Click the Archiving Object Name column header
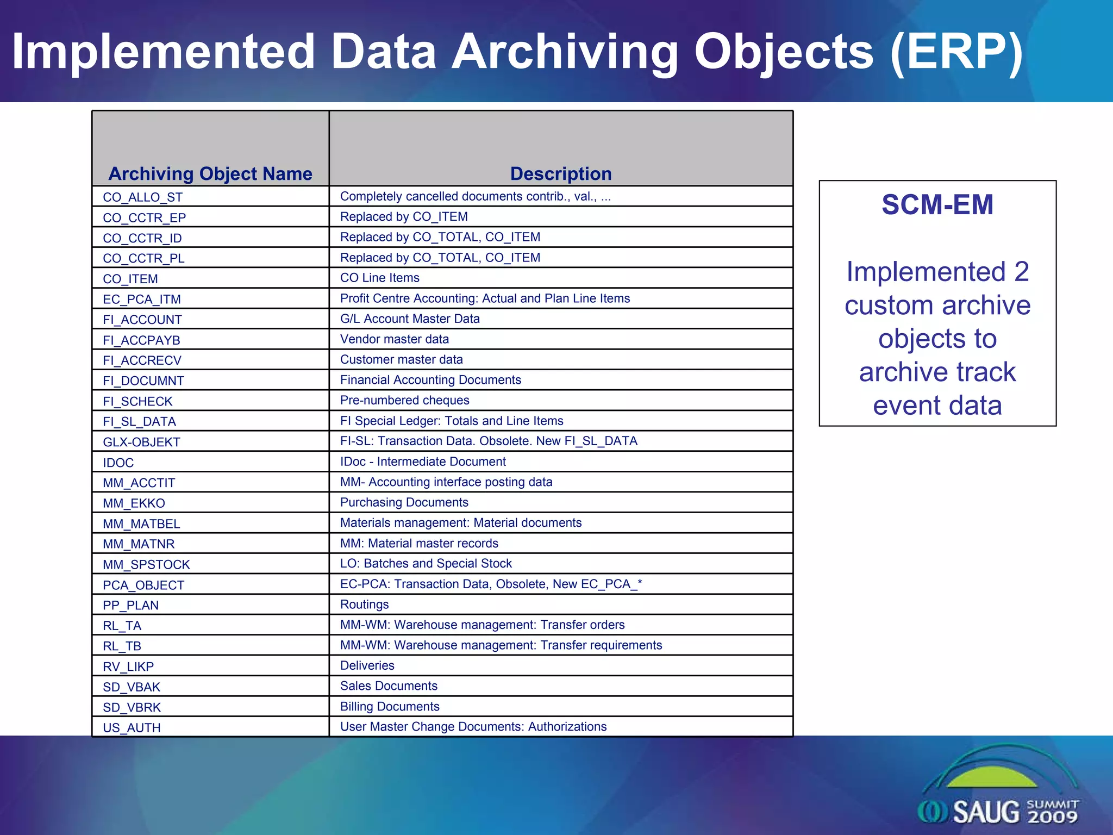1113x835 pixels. coord(210,173)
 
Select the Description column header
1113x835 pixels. coord(561,173)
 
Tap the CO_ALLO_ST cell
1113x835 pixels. coord(143,197)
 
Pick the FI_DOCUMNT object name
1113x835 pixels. coord(143,381)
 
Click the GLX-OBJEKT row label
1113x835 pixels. coord(141,443)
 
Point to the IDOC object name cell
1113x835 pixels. coord(118,463)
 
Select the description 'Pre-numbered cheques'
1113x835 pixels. coord(404,401)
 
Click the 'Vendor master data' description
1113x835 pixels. coord(395,339)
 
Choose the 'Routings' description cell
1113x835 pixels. coord(364,605)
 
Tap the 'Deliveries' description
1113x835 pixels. coord(367,665)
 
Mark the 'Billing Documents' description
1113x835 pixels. coord(390,707)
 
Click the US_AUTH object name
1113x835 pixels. coord(132,728)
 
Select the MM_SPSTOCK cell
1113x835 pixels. coord(146,565)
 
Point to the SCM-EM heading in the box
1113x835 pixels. coord(937,205)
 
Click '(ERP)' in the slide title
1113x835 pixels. coord(956,52)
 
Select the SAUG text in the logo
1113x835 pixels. coord(986,812)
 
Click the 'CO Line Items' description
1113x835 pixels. coord(380,278)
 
